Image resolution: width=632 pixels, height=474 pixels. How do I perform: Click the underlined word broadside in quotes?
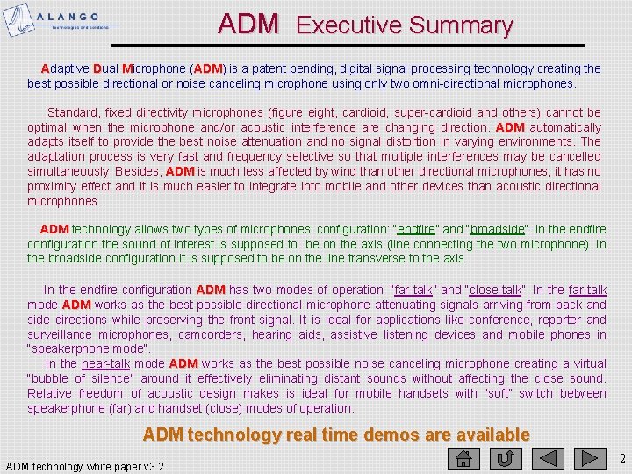498,230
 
